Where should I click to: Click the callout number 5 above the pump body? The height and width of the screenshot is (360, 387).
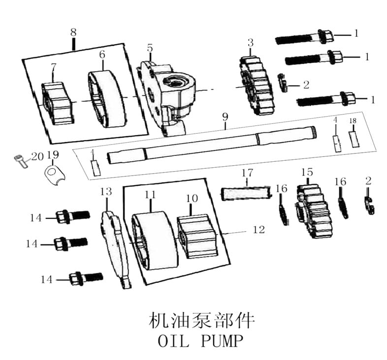[x=150, y=48]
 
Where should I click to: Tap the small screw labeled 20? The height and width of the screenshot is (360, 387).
[x=19, y=160]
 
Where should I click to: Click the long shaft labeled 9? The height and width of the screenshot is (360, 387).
[x=212, y=143]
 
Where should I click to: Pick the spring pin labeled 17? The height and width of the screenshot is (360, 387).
[x=246, y=191]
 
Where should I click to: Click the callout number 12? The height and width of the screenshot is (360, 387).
[x=258, y=229]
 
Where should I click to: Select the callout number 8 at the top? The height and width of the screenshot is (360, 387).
[x=73, y=32]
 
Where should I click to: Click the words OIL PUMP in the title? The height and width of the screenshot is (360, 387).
[x=200, y=340]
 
